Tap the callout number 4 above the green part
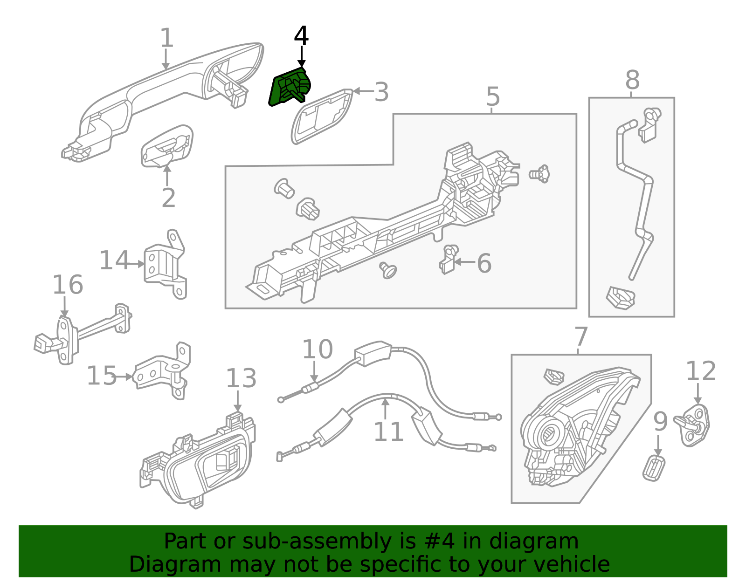[301, 36]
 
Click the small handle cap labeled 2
[167, 145]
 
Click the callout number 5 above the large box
[492, 96]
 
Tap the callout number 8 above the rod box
[632, 80]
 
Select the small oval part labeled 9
[654, 468]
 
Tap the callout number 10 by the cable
[317, 349]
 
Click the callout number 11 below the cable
[388, 431]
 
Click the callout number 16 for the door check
[68, 285]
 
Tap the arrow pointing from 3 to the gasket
[363, 91]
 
